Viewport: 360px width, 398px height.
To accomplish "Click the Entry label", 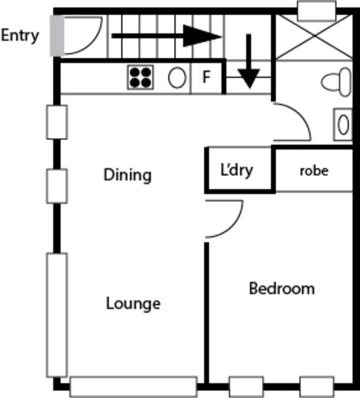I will point(19,36).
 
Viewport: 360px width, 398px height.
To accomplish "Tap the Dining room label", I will point(127,175).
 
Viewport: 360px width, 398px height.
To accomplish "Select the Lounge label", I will point(133,303).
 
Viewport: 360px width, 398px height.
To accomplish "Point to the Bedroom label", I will point(282,288).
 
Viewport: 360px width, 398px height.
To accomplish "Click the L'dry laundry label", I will point(237,170).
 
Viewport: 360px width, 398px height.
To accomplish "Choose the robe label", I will point(314,171).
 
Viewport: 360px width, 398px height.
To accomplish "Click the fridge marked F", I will point(206,78).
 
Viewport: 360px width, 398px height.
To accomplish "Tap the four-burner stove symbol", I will point(140,78).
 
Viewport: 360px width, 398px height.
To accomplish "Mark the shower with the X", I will point(314,37).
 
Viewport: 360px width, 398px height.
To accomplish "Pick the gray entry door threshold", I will point(56,35).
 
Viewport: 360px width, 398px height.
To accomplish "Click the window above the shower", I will point(316,11).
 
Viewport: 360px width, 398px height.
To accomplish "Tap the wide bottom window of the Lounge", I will point(133,387).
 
